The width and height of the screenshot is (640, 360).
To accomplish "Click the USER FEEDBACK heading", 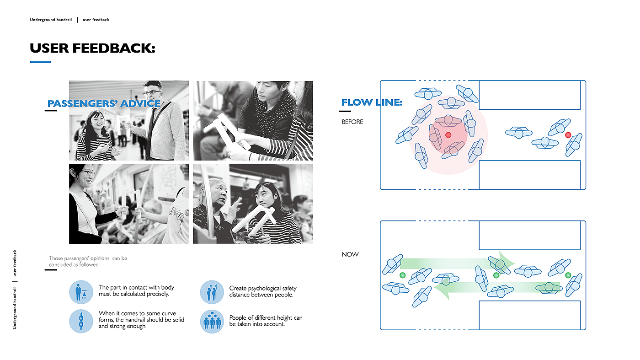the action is point(92,48).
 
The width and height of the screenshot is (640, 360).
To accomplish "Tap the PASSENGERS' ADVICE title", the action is point(104,103).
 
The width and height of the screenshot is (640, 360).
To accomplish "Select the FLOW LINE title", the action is point(372,102).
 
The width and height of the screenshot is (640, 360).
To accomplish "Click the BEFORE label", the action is point(352,122).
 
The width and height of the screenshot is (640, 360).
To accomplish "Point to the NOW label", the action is point(350,254).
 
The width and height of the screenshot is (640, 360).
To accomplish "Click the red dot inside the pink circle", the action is point(448,134).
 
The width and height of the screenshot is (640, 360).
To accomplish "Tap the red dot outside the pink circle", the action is point(568,134).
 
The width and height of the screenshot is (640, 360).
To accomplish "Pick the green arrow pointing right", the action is point(457,263).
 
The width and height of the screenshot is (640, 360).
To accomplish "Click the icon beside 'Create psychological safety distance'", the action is point(212,292).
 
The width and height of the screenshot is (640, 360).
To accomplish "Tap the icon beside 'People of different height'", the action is point(212,321).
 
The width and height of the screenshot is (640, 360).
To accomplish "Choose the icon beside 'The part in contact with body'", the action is point(81,292).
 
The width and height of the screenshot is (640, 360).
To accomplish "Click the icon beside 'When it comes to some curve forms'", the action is point(81,321).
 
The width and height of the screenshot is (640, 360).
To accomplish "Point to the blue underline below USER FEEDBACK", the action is point(40,62).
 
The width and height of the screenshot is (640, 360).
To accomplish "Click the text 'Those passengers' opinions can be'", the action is point(88,258).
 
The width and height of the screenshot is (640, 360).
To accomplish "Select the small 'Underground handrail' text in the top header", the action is point(51,20).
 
